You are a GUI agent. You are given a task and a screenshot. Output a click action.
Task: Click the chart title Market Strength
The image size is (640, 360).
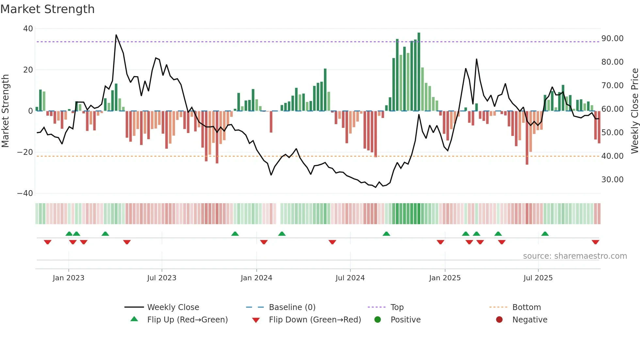(47, 9)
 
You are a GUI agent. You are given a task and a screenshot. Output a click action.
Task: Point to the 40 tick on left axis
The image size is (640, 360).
(28, 29)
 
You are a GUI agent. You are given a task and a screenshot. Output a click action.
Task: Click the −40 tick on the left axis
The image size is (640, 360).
(25, 193)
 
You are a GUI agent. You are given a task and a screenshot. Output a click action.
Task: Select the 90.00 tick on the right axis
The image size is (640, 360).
(612, 39)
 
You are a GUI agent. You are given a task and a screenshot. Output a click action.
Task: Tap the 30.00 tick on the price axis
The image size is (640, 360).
(612, 180)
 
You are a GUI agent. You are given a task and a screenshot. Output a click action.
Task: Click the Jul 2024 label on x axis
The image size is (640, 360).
(350, 278)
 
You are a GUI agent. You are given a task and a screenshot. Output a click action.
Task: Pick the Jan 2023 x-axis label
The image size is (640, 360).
(68, 278)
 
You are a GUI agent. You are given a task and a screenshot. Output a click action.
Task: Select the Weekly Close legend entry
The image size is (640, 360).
(173, 307)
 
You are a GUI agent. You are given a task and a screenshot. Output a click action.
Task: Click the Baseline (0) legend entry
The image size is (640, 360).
(292, 307)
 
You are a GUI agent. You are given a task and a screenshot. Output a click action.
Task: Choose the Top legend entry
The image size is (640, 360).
(397, 307)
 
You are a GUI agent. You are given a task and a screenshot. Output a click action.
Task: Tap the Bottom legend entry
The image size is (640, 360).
(526, 307)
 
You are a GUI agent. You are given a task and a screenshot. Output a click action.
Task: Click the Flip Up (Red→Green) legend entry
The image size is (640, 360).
(187, 320)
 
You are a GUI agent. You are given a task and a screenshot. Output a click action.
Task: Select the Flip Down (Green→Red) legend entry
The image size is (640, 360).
(315, 320)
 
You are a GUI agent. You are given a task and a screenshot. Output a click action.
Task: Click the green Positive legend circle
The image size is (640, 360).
(377, 320)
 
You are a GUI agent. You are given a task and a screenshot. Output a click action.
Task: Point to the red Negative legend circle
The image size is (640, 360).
(499, 320)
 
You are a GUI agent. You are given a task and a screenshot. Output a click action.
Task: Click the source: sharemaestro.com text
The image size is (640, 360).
(575, 256)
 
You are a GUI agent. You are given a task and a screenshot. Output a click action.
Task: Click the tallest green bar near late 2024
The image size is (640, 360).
(419, 72)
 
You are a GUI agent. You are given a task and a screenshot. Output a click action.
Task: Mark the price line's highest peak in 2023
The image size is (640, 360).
(116, 35)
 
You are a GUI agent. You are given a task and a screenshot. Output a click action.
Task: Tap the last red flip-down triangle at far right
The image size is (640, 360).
(595, 242)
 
